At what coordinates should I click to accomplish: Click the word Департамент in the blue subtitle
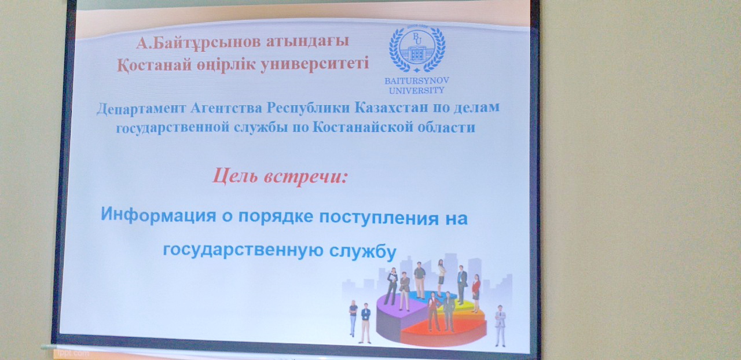pyautogui.click(x=141, y=109)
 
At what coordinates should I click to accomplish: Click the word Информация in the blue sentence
pyautogui.click(x=159, y=215)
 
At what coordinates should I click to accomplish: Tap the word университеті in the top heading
pyautogui.click(x=314, y=64)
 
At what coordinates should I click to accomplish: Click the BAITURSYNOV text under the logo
pyautogui.click(x=416, y=80)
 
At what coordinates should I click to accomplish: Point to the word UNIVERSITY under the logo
pyautogui.click(x=416, y=90)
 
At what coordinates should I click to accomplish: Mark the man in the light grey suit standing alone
pyautogui.click(x=500, y=326)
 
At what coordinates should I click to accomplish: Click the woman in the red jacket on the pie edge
pyautogui.click(x=476, y=293)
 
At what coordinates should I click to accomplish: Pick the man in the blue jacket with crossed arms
pyautogui.click(x=365, y=323)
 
